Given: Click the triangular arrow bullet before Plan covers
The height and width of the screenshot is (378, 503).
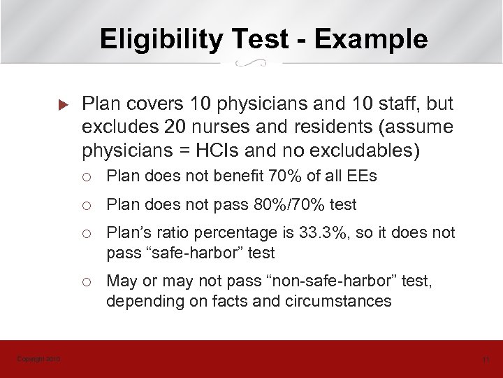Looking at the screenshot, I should [x=62, y=106].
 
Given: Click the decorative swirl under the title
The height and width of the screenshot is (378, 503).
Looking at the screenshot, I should [x=251, y=64].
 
